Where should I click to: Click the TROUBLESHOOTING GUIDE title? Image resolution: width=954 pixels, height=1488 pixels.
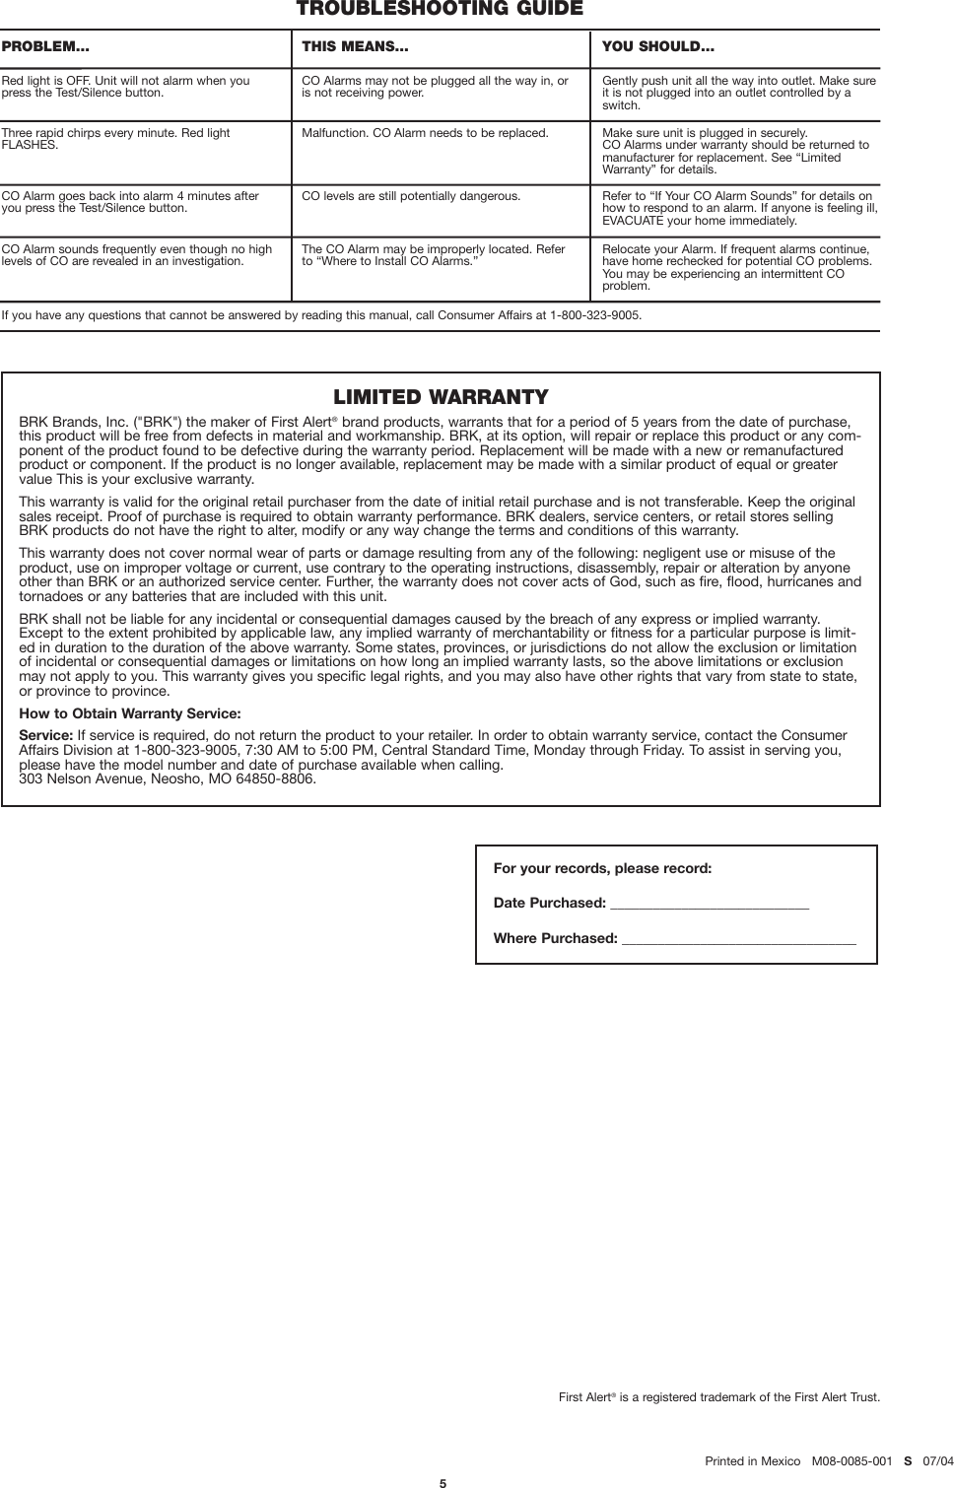coord(440,10)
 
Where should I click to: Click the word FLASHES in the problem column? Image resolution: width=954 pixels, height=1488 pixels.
coord(29,145)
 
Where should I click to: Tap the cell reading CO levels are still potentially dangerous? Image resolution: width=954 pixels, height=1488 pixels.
coord(411,196)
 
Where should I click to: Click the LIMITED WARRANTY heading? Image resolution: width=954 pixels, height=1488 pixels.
coord(441,397)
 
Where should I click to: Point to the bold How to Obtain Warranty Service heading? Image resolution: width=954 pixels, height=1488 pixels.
coord(130,713)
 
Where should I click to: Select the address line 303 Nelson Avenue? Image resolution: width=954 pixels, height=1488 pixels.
coord(168,778)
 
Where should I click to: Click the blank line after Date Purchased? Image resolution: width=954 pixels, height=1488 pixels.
coord(710,904)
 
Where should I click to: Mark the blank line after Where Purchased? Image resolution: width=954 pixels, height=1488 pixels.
coord(738,938)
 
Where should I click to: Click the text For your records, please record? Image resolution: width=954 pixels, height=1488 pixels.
coord(602,869)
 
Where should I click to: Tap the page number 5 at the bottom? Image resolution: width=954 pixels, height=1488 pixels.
coord(443,1482)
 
